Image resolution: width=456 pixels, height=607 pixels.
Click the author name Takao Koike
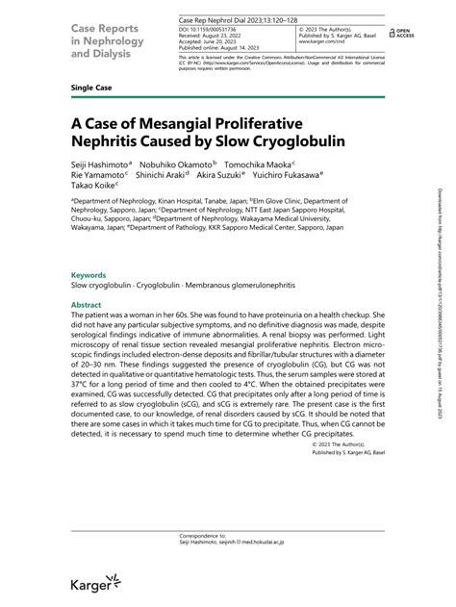tap(93, 190)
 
